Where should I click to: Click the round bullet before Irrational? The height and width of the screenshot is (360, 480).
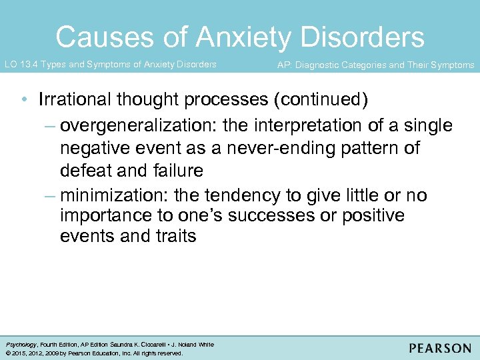coord(24,100)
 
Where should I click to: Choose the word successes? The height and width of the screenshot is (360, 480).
coord(275,216)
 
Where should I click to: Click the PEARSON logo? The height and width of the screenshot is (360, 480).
coord(440,348)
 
